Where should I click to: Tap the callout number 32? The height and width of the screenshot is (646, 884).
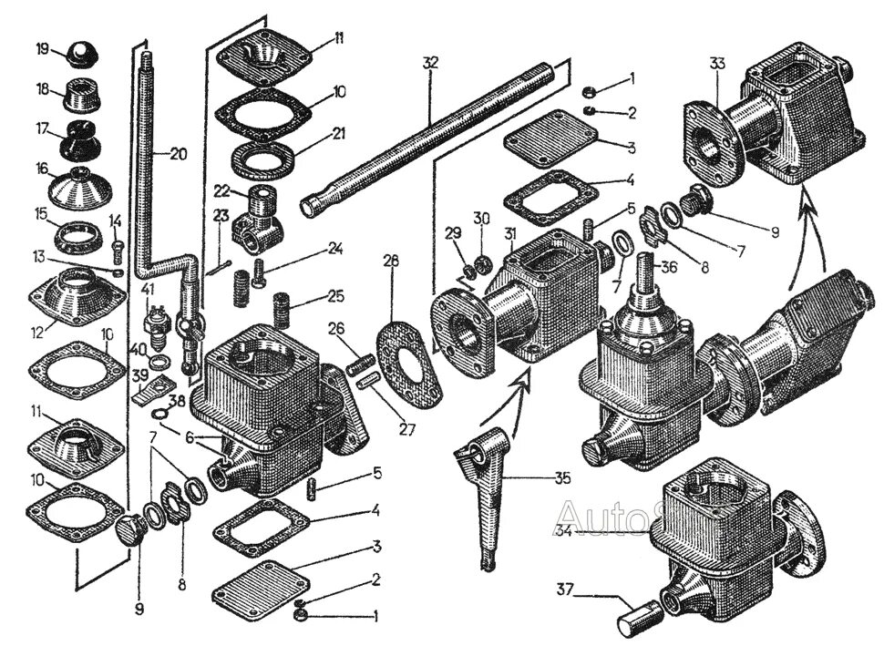[430, 63]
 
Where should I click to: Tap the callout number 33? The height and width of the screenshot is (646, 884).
[717, 65]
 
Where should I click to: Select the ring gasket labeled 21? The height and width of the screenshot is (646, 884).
[262, 159]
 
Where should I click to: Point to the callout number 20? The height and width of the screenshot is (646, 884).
[178, 154]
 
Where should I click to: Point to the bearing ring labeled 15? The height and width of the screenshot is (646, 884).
[80, 239]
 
